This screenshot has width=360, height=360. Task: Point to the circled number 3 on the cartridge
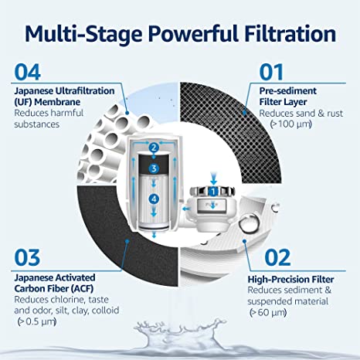pos(155,168)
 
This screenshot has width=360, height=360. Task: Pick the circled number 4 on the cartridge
pos(155,199)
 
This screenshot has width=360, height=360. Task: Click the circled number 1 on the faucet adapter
pos(212,190)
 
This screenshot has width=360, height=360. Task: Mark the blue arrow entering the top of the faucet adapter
pos(212,176)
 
